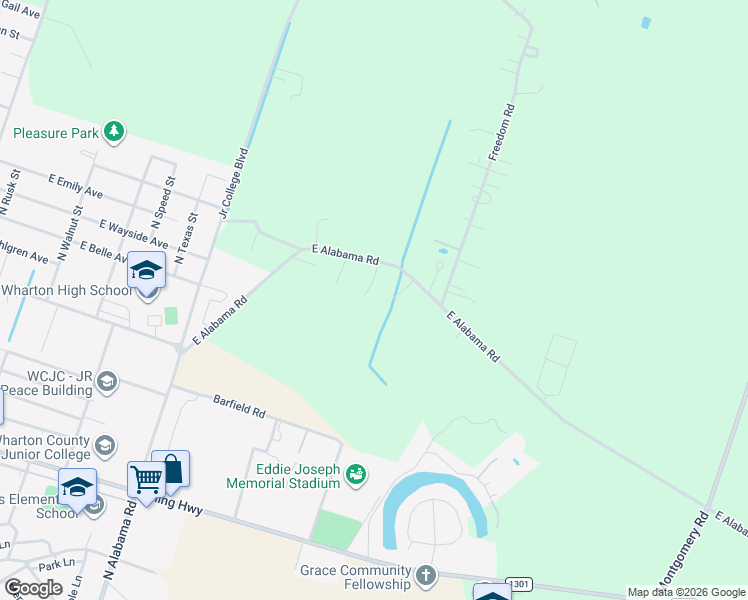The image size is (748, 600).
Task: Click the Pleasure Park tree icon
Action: point(115,132)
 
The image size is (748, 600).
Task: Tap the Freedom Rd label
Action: point(501,132)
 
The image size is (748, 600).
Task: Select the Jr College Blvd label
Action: point(232,185)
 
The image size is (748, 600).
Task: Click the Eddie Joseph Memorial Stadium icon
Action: point(355,473)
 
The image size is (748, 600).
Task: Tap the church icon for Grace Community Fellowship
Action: point(427,575)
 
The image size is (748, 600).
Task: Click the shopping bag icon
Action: point(171,469)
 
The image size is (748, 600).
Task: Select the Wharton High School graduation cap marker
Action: point(147,271)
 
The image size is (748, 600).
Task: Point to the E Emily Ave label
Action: point(76,185)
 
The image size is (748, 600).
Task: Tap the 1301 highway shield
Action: point(517,583)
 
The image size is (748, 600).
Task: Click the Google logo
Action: point(32,587)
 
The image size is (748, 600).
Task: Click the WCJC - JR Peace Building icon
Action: point(107,382)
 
